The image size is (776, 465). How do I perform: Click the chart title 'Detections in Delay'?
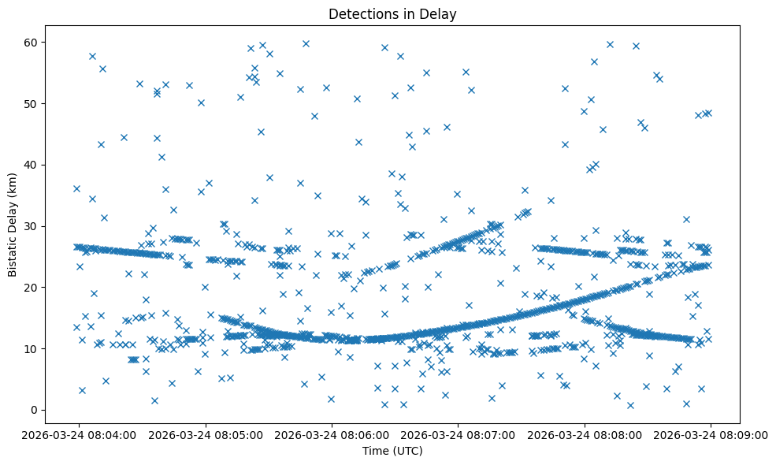[x=392, y=14]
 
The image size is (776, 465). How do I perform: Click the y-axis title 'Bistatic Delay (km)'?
[x=13, y=215]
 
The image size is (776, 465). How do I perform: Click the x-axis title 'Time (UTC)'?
[x=392, y=451]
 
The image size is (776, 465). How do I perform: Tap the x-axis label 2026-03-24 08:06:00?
[x=332, y=434]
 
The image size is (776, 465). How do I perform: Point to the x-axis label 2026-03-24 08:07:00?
[x=459, y=434]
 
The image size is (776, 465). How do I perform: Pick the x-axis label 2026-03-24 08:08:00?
[x=585, y=434]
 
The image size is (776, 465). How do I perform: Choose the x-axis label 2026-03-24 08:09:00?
[x=711, y=434]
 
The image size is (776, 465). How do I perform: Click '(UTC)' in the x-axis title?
[x=407, y=451]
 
